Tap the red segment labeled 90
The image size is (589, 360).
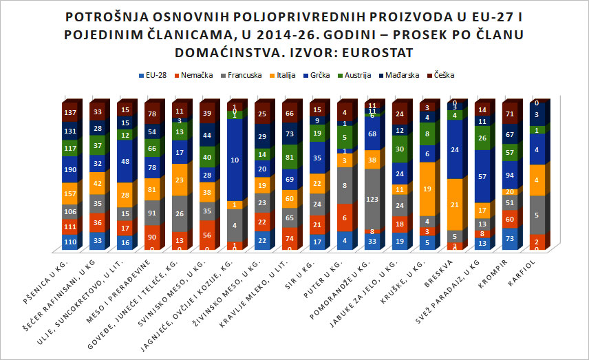pos(152,237)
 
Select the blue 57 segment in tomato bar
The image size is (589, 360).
pos(483,176)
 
